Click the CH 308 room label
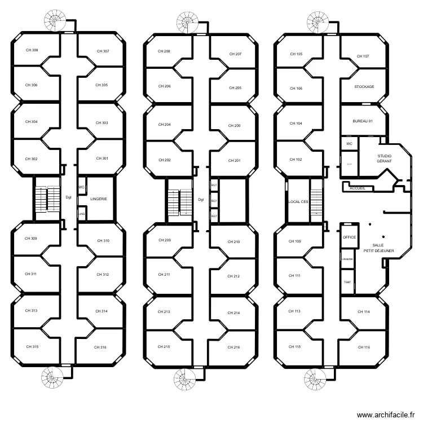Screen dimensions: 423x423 point(32,50)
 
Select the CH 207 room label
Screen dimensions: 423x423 point(235,54)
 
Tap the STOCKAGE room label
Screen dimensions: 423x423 point(364,87)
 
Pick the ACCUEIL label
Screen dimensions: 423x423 point(358,188)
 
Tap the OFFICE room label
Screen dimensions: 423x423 point(349,237)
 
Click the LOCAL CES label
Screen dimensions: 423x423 point(298,201)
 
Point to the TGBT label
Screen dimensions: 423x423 point(347,281)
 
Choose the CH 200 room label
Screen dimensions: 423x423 point(234,126)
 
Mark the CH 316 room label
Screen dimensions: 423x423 point(100,347)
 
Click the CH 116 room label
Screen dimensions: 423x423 point(363,347)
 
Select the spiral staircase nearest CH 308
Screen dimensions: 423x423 point(55,21)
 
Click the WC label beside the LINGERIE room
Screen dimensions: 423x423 point(81,187)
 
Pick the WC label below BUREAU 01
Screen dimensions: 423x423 point(349,144)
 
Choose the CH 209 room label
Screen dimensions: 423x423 point(164,240)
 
